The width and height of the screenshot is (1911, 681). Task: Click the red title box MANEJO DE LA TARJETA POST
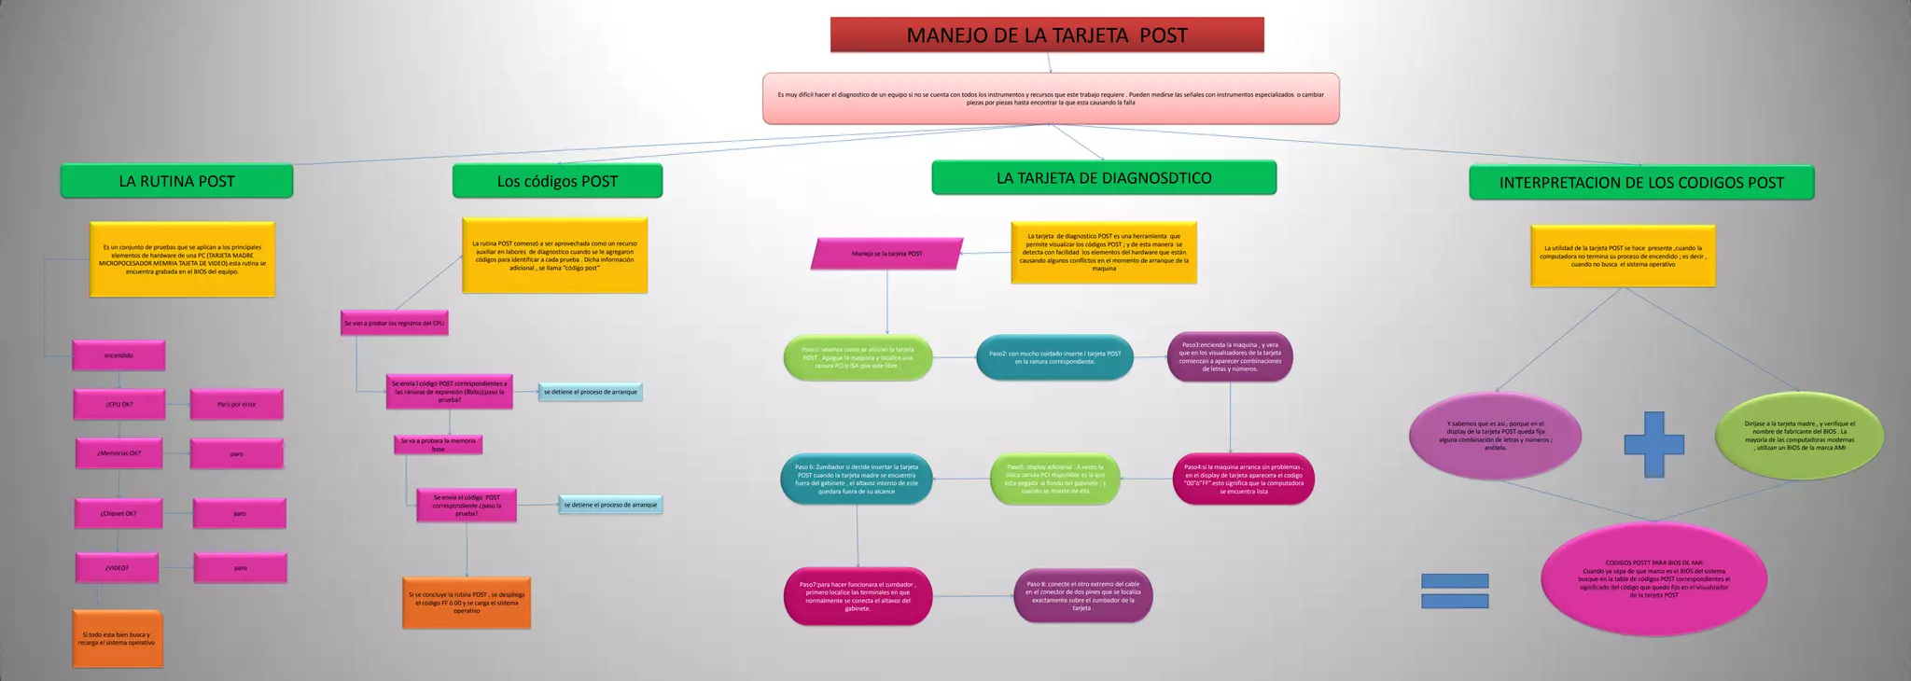(1047, 35)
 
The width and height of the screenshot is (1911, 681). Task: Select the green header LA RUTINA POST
(176, 181)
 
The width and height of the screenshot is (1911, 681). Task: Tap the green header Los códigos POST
(557, 181)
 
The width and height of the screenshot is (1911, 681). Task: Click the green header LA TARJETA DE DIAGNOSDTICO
(1103, 178)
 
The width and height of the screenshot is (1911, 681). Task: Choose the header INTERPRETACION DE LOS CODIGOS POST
(1640, 183)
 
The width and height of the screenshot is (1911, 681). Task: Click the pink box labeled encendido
(119, 355)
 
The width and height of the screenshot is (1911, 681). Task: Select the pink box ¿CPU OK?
(119, 405)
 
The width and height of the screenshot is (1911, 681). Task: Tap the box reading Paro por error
(236, 405)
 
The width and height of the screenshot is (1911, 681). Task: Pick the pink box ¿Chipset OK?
(119, 513)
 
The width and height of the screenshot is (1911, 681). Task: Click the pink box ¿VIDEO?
(118, 567)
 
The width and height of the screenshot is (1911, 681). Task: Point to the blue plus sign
(1653, 445)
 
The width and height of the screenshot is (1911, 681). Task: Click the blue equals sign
(1454, 591)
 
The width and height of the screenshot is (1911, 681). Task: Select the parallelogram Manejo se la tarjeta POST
(886, 254)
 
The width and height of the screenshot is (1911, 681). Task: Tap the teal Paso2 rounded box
(1054, 357)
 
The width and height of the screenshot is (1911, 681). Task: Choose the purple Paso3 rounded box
(1229, 357)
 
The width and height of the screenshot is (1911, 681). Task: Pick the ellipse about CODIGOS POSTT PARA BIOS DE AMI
(1653, 578)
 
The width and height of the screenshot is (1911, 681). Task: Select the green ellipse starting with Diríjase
(1799, 436)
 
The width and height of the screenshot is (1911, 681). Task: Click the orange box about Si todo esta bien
(118, 639)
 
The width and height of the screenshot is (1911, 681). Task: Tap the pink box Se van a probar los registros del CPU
(395, 324)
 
